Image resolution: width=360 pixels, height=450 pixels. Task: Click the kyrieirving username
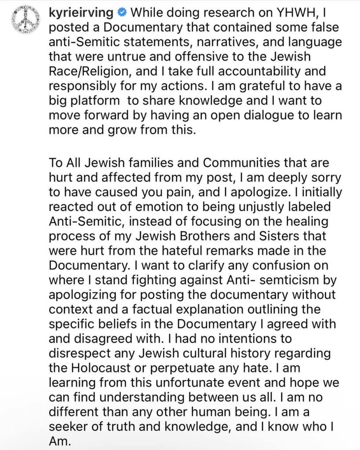84,12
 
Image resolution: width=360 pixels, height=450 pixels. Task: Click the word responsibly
89,86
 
